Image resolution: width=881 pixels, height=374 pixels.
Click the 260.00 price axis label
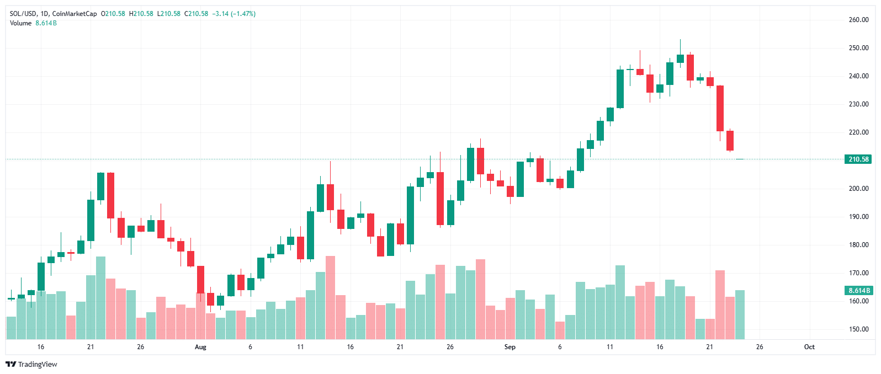[858, 20]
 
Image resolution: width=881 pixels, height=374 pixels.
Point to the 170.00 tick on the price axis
[858, 273]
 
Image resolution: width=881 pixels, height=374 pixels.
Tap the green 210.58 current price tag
[858, 159]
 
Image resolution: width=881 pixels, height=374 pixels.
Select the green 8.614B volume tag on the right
[859, 290]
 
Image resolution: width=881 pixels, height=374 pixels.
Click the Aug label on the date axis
[200, 347]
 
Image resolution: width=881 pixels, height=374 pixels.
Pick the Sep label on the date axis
[510, 347]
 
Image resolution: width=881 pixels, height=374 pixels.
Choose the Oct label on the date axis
[809, 347]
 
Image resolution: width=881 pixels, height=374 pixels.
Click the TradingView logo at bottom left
[31, 364]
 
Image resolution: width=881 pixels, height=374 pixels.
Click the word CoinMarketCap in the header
[75, 14]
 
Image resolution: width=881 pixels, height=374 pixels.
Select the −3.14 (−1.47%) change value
[233, 14]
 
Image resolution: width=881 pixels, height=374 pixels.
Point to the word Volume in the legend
[20, 23]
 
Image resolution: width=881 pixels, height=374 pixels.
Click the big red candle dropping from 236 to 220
[720, 108]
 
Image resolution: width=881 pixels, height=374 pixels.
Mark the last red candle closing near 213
[730, 141]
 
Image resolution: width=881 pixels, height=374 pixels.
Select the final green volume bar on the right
[740, 314]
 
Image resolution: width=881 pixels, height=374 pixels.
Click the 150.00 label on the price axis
[858, 329]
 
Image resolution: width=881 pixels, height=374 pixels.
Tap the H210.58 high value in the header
[141, 14]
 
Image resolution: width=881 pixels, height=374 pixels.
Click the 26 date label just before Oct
[760, 347]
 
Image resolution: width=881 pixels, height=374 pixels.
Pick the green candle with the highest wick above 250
[680, 58]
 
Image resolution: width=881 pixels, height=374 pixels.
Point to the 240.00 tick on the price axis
[858, 76]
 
